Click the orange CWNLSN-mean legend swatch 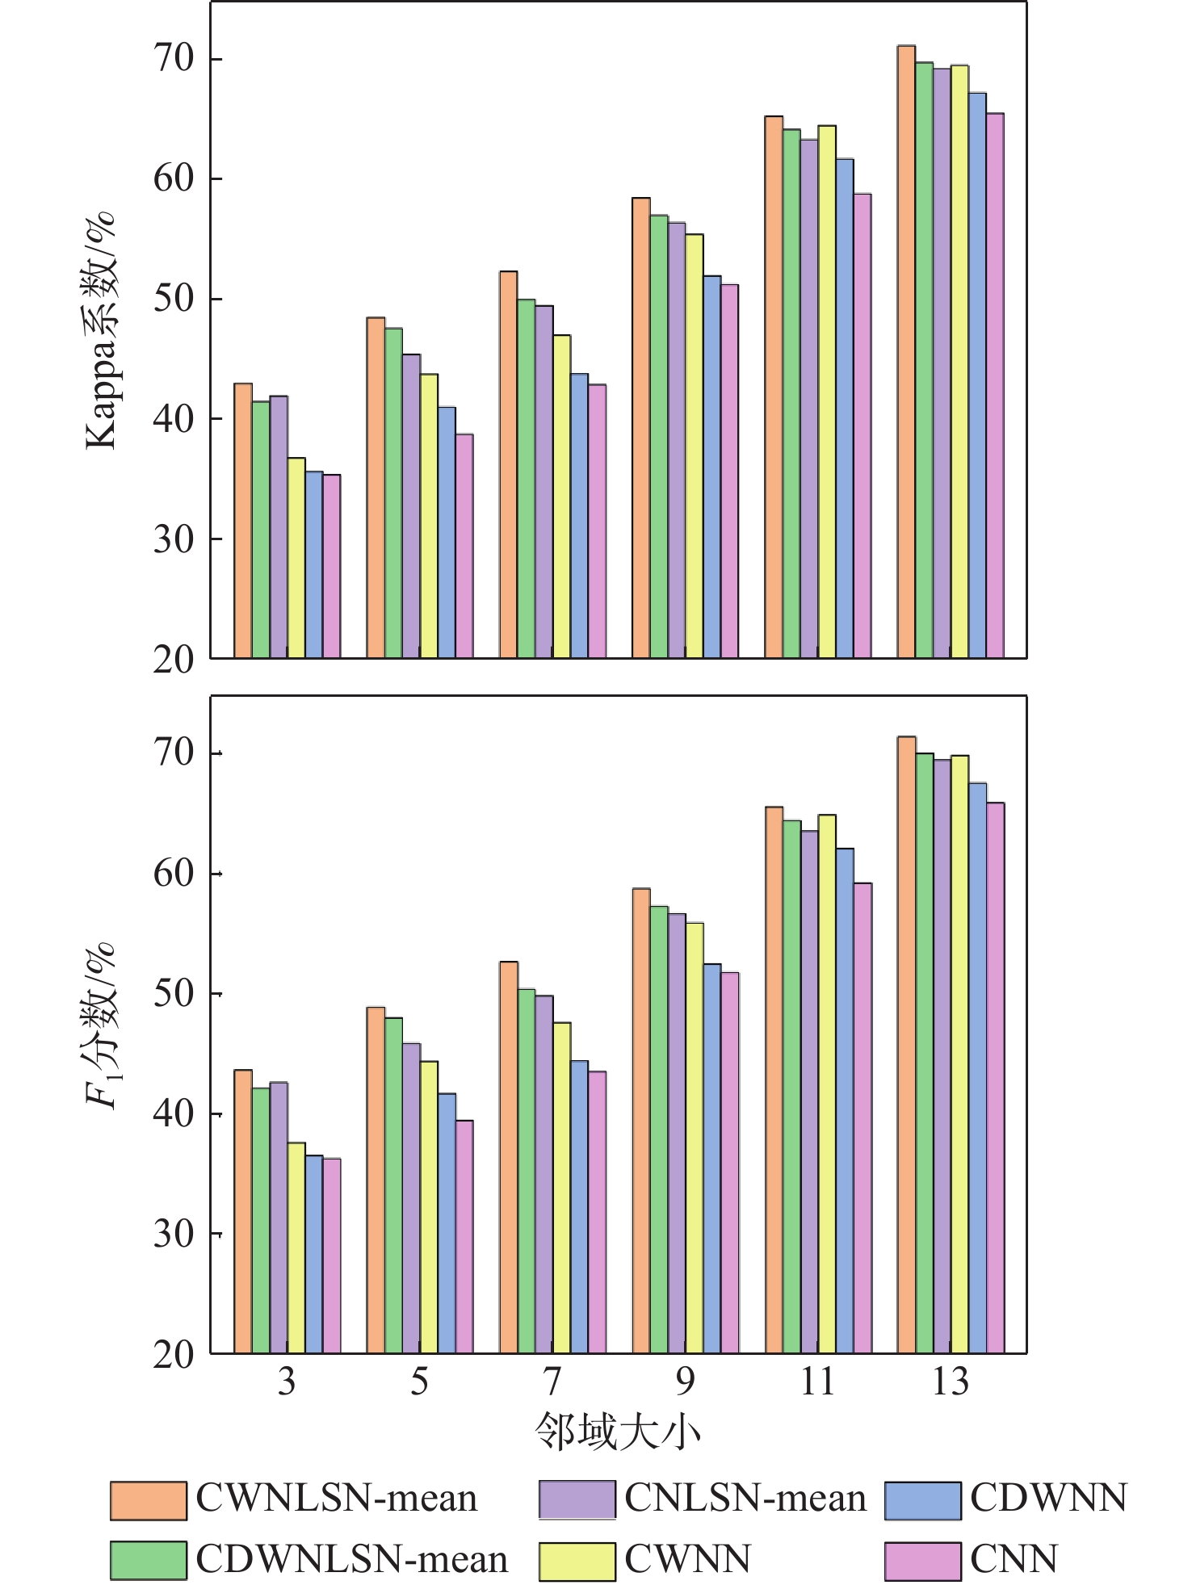148,1500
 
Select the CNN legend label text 1014,1559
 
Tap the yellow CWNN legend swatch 577,1561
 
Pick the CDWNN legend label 1048,1499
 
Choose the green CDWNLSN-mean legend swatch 148,1561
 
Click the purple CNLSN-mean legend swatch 577,1500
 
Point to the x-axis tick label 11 817,1382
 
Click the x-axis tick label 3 287,1382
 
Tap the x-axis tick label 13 950,1382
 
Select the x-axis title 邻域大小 618,1432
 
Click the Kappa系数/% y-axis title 102,331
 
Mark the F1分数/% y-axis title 102,1025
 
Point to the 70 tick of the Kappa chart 174,59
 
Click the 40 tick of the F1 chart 174,1113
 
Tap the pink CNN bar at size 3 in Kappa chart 331,565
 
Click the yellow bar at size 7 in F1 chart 561,1187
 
